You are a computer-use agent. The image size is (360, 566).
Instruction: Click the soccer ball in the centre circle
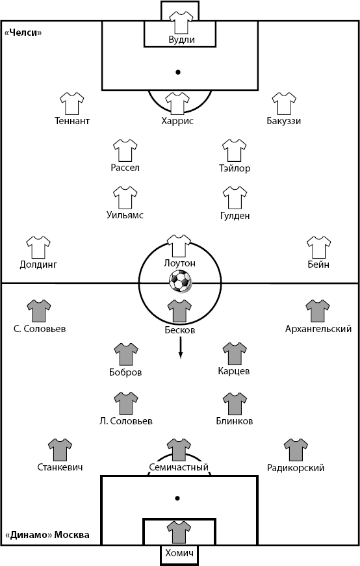point(181,281)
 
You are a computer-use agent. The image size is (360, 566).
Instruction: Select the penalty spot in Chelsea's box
point(177,72)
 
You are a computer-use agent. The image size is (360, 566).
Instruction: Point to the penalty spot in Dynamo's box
point(177,498)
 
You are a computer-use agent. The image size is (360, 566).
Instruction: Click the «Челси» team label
point(23,33)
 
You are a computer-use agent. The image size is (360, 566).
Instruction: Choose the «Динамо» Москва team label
point(47,535)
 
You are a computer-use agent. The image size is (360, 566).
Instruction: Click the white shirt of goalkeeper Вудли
point(182,22)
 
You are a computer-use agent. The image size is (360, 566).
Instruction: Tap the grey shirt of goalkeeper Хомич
point(179,532)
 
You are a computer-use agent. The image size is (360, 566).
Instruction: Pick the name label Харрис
point(177,121)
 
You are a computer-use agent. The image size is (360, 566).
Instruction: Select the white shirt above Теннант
point(72,103)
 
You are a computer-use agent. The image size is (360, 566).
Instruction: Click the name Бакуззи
point(284,121)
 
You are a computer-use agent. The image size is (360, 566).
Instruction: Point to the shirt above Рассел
point(125,151)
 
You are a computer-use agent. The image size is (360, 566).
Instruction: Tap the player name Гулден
point(235,216)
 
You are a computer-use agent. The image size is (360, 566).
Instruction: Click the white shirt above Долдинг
point(38,248)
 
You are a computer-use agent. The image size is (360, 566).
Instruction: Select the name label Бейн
point(318,264)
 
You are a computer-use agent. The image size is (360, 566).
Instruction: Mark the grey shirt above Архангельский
point(318,311)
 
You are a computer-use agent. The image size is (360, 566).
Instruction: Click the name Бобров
point(125,372)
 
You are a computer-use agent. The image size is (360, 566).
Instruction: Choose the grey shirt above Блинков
point(235,404)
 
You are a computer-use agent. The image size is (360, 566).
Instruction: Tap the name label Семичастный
point(179,467)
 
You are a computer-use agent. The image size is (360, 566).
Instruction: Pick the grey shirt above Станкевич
point(60,450)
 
